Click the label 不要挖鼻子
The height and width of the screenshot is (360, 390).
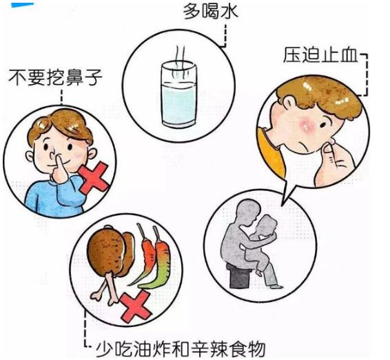coord(54,77)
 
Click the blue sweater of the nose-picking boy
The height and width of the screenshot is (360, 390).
coord(48,197)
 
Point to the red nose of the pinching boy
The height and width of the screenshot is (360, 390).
coord(308,126)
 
